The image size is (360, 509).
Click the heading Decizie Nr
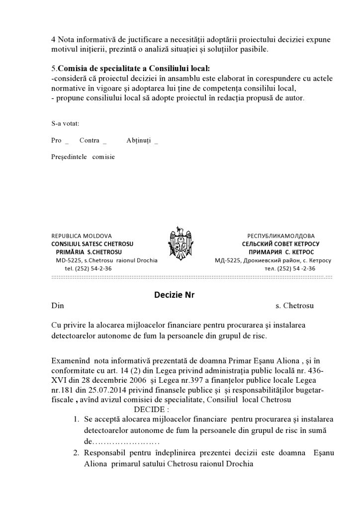coord(174,294)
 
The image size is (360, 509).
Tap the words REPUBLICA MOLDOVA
coord(82,236)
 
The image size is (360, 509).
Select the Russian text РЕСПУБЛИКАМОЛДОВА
coord(281,236)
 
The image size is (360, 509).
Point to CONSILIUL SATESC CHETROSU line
coord(92,244)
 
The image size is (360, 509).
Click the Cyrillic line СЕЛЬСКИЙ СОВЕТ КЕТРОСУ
coord(280,244)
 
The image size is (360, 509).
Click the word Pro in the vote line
coord(56,140)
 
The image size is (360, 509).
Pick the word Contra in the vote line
coord(90,140)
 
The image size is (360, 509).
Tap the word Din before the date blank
coord(58,305)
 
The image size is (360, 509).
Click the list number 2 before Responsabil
coord(76,453)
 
